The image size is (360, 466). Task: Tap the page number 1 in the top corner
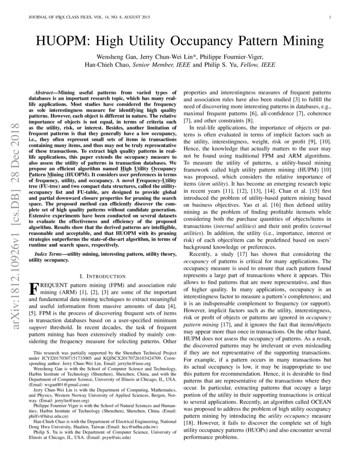pyautogui.click(x=330, y=17)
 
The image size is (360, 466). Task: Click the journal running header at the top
pyautogui.click(x=87, y=17)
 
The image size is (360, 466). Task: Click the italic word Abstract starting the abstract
pyautogui.click(x=43, y=92)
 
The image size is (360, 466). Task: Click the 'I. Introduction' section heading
pyautogui.click(x=102, y=276)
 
